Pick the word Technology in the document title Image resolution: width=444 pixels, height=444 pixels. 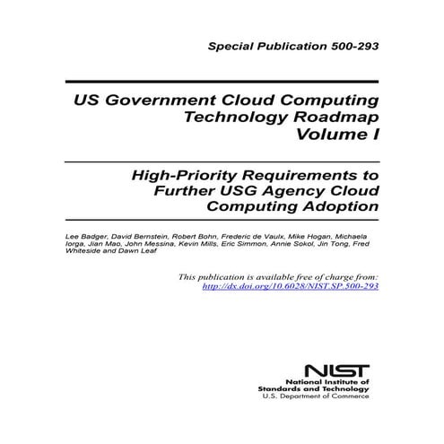click(229, 117)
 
